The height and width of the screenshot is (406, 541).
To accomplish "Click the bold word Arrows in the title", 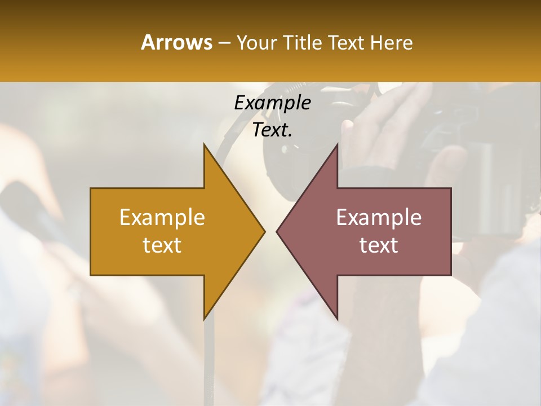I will [176, 42].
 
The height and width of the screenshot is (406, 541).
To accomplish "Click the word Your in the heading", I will [256, 43].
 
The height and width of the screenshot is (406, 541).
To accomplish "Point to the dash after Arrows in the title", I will [223, 43].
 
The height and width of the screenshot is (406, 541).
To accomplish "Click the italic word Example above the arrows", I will [272, 103].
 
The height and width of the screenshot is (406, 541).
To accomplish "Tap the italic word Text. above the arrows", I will [272, 130].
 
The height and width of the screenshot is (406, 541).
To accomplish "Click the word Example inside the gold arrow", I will [162, 217].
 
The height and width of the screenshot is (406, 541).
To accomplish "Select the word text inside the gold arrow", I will [162, 245].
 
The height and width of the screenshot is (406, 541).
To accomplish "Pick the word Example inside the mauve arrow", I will [379, 217].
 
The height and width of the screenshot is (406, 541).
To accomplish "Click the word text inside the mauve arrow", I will [379, 245].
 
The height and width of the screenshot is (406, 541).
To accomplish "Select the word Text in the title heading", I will [347, 42].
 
